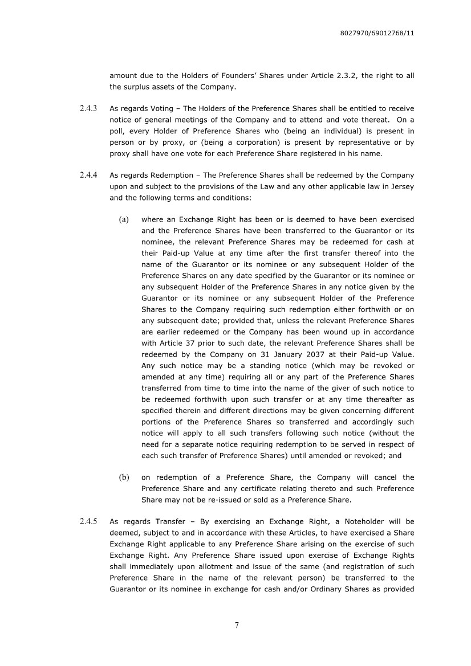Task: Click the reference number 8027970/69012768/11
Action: point(376,34)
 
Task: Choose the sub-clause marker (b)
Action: point(124,477)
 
